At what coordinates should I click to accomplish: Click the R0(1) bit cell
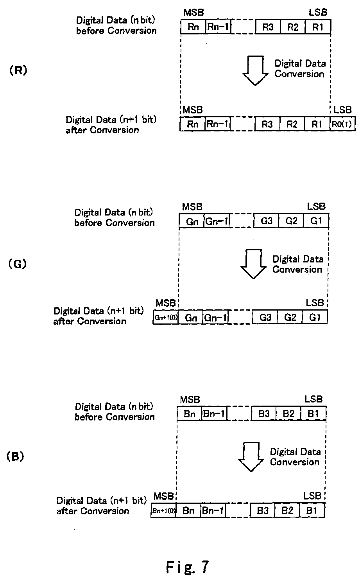point(342,124)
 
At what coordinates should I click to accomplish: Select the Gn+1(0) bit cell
point(166,318)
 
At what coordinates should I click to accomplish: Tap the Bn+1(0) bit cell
point(163,511)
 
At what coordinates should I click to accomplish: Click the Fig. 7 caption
point(187,566)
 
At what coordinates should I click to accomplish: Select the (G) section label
point(17,264)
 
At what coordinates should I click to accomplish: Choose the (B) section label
point(16,456)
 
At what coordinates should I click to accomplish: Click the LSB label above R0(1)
point(342,110)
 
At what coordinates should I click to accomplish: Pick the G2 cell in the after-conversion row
point(290,318)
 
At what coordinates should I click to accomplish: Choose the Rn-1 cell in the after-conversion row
point(217,124)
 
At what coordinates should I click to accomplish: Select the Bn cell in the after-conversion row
point(188,511)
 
